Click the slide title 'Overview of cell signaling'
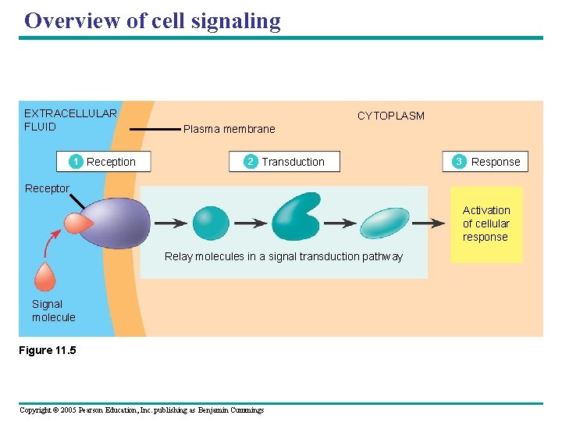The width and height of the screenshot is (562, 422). pos(152,20)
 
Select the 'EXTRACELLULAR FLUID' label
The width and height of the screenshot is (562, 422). pos(69,120)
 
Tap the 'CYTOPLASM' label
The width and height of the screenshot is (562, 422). pos(390,116)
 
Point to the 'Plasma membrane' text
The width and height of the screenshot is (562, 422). pos(229,130)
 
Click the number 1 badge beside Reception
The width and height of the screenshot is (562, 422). pos(76,162)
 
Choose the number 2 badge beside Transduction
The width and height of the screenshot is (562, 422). pos(250,162)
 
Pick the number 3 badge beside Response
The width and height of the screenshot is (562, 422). pos(459,162)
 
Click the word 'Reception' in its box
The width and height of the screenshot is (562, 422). pos(111,162)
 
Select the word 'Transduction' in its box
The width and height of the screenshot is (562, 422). pos(293,162)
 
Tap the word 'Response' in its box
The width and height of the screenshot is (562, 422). pos(495,162)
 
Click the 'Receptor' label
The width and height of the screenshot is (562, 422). pos(47,188)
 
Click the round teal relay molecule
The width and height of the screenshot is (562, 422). pos(211,224)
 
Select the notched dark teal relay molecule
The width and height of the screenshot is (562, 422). pos(296,216)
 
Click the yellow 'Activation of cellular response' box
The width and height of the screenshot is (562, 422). pos(486,224)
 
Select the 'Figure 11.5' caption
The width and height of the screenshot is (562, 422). pos(48,350)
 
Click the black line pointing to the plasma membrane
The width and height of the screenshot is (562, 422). pos(154,129)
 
